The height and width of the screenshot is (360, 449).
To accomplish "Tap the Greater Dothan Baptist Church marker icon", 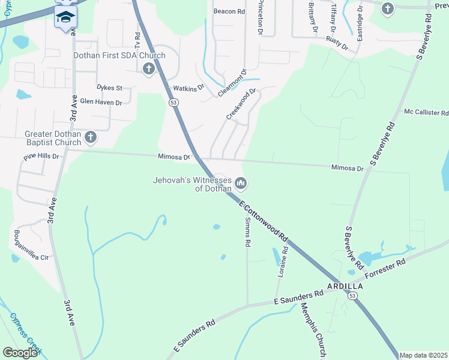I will point(91,138).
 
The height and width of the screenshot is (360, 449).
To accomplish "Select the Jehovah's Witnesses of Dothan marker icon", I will point(241,182).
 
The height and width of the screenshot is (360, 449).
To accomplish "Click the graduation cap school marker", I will point(65,16).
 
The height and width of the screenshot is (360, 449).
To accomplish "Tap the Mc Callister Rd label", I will point(426,112).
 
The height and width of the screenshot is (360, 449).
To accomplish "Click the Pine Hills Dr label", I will point(41,157).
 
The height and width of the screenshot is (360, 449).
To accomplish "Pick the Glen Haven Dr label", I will point(101,103).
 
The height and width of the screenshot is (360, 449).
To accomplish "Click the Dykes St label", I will point(109,88).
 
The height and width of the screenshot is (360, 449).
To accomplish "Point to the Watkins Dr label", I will point(188,88).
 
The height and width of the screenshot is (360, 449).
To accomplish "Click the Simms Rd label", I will point(247,232).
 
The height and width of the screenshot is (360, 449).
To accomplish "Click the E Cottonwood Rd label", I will point(264,223).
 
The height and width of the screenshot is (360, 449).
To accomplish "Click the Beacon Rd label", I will point(229,11).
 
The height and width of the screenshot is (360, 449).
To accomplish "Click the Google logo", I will point(20,353).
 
